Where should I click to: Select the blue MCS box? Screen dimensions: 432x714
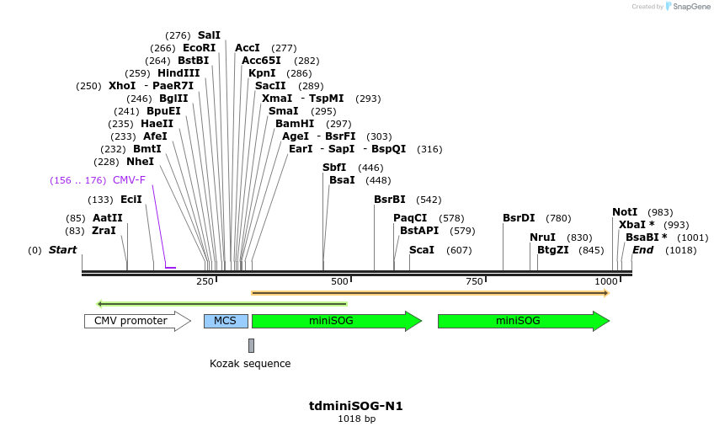[226, 321]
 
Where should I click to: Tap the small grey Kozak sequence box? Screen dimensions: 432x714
[251, 345]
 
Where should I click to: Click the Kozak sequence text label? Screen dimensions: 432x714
[250, 364]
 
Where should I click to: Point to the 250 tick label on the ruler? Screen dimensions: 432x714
[205, 281]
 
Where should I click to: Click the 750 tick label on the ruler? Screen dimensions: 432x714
[474, 281]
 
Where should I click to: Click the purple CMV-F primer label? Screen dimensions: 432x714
[129, 180]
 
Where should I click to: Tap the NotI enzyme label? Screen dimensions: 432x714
[625, 212]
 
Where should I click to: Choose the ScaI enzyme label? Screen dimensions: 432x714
[422, 250]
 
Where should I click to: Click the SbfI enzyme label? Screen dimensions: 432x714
[334, 168]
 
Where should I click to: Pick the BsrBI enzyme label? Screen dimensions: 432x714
[390, 200]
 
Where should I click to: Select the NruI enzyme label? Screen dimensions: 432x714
[542, 237]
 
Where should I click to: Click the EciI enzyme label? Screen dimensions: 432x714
[131, 200]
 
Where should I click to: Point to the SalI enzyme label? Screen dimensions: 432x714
[209, 35]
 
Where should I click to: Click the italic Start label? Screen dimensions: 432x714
[62, 250]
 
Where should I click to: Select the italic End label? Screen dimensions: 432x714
[642, 250]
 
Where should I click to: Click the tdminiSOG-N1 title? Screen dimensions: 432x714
[356, 406]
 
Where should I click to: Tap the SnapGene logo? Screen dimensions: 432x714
[688, 7]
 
